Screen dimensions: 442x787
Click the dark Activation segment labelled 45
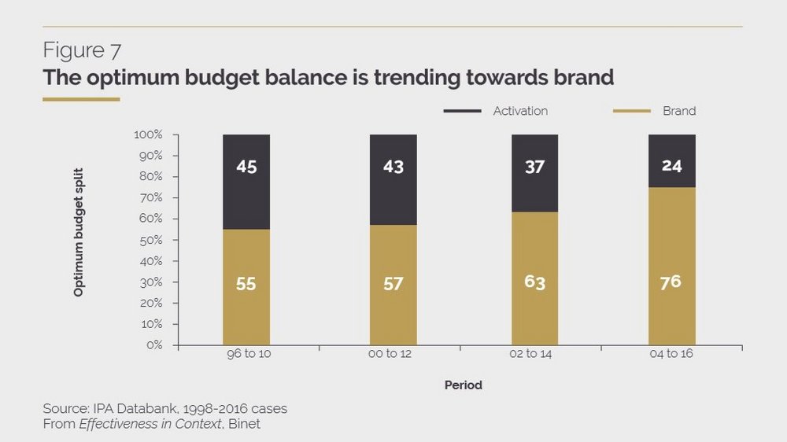click(x=246, y=182)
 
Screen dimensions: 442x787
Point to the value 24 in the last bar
click(x=671, y=167)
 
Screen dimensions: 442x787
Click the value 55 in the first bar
click(x=246, y=284)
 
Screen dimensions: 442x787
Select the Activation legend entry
click(x=519, y=111)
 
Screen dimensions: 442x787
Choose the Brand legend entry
click(x=678, y=111)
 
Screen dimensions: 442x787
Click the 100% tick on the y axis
click(x=148, y=134)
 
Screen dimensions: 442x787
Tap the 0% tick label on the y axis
click(x=153, y=345)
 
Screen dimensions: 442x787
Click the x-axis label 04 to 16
click(x=671, y=354)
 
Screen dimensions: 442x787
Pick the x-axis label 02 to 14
click(x=531, y=354)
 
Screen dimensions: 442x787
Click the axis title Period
click(x=463, y=385)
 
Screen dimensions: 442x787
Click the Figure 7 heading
click(x=82, y=51)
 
